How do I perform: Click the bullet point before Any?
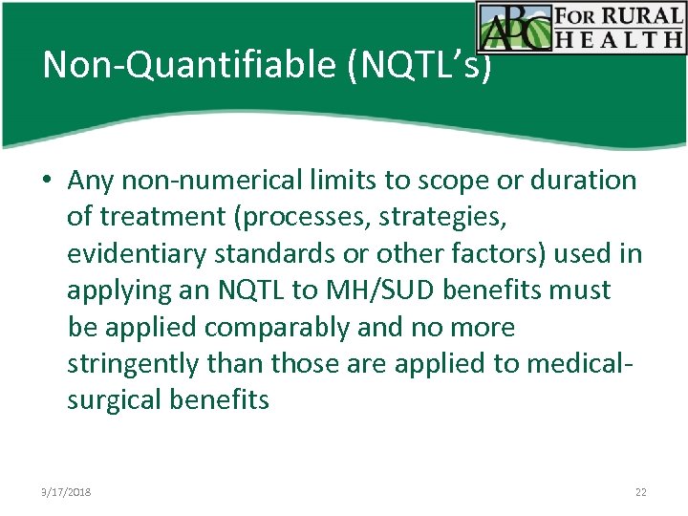click(46, 181)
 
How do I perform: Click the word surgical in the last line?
click(114, 400)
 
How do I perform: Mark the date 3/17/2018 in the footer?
click(67, 492)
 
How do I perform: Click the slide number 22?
click(640, 492)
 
